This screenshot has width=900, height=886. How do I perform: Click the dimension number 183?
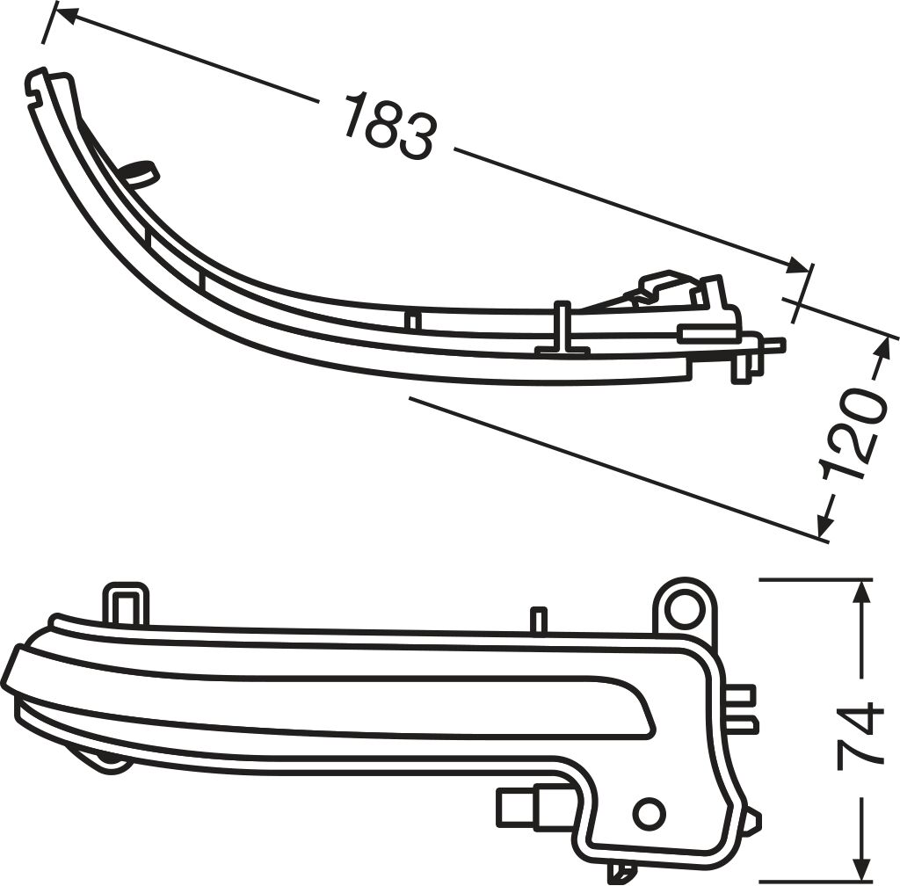tap(391, 125)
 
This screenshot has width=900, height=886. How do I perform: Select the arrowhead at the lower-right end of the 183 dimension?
tap(798, 265)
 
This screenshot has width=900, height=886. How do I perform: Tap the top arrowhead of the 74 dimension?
tap(860, 594)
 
